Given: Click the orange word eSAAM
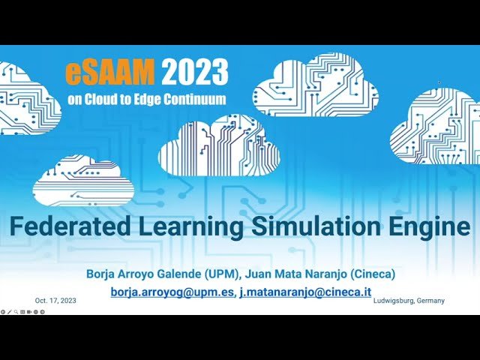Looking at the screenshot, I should (110, 72).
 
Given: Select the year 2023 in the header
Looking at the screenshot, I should (193, 72).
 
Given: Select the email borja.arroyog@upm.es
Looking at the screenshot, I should (172, 292).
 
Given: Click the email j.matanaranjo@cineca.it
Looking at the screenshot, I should (305, 292).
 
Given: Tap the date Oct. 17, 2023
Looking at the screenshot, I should (55, 300).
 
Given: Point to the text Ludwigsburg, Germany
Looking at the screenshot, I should (409, 300).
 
